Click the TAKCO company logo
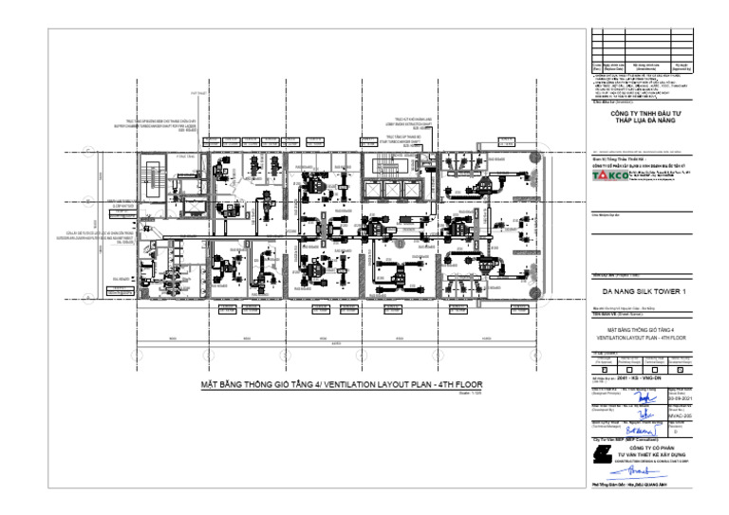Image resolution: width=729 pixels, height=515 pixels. (608, 176)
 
